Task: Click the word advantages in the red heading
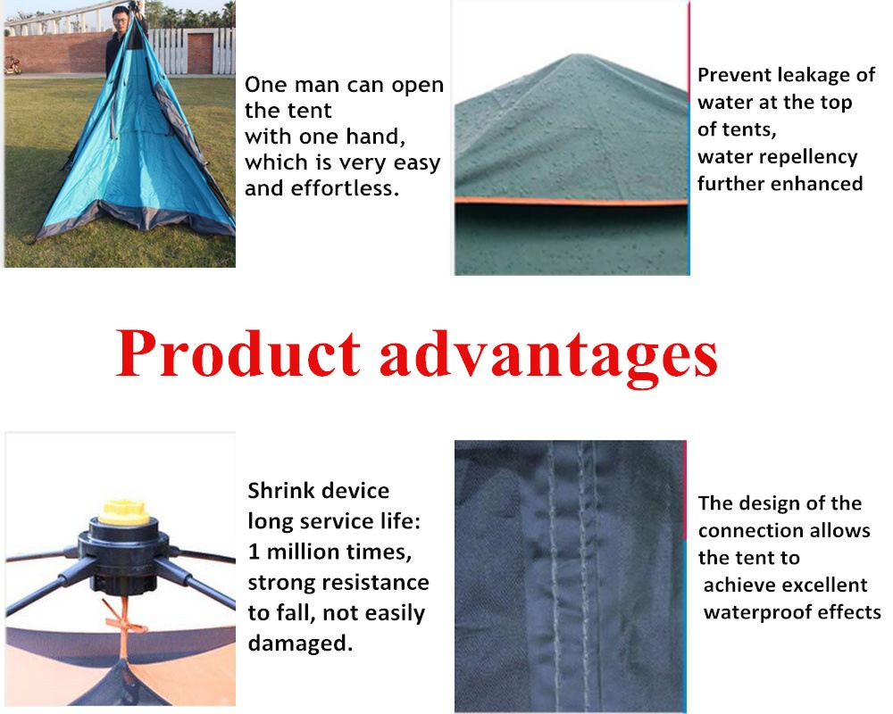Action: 548,357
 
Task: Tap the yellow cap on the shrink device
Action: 123,511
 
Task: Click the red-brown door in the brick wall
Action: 200,53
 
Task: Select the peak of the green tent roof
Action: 574,56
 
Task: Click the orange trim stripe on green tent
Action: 572,202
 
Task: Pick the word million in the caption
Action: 304,552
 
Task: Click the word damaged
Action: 300,643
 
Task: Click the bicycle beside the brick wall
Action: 13,65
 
